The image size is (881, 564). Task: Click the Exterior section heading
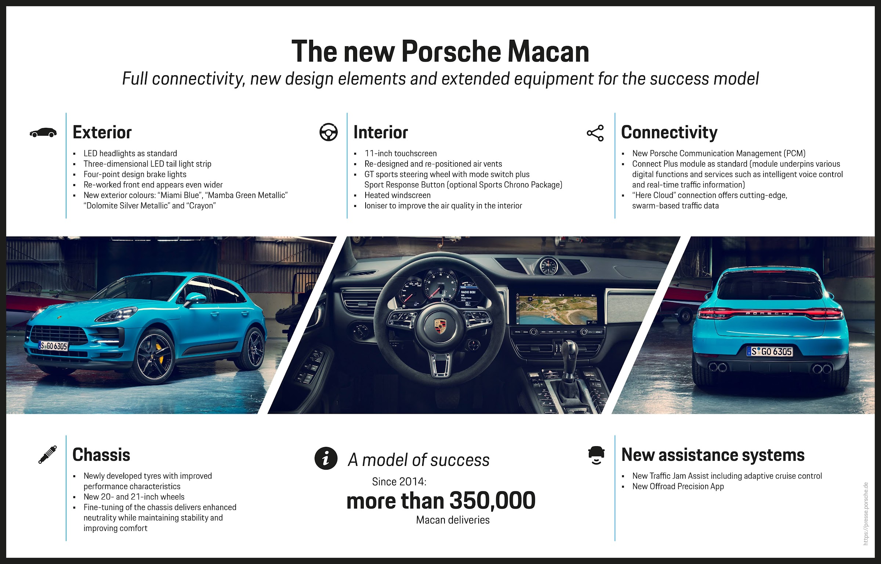pos(102,132)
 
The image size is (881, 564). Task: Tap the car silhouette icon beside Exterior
pos(43,133)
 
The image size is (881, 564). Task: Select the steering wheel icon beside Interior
pos(329,132)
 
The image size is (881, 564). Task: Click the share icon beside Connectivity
pos(595,133)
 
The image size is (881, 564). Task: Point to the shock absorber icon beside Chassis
pos(48,455)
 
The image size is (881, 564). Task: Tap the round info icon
pos(326,458)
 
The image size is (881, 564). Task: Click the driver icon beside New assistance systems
pos(596,456)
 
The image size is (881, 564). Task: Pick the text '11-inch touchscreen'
pos(400,153)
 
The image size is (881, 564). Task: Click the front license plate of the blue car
pos(54,346)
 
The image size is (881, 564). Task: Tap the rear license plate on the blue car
pos(769,351)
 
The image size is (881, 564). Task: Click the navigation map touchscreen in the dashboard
pos(556,309)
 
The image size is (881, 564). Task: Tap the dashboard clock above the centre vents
pos(548,265)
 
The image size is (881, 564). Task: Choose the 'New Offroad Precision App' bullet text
pos(678,487)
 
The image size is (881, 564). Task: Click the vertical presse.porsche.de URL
pos(866,514)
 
